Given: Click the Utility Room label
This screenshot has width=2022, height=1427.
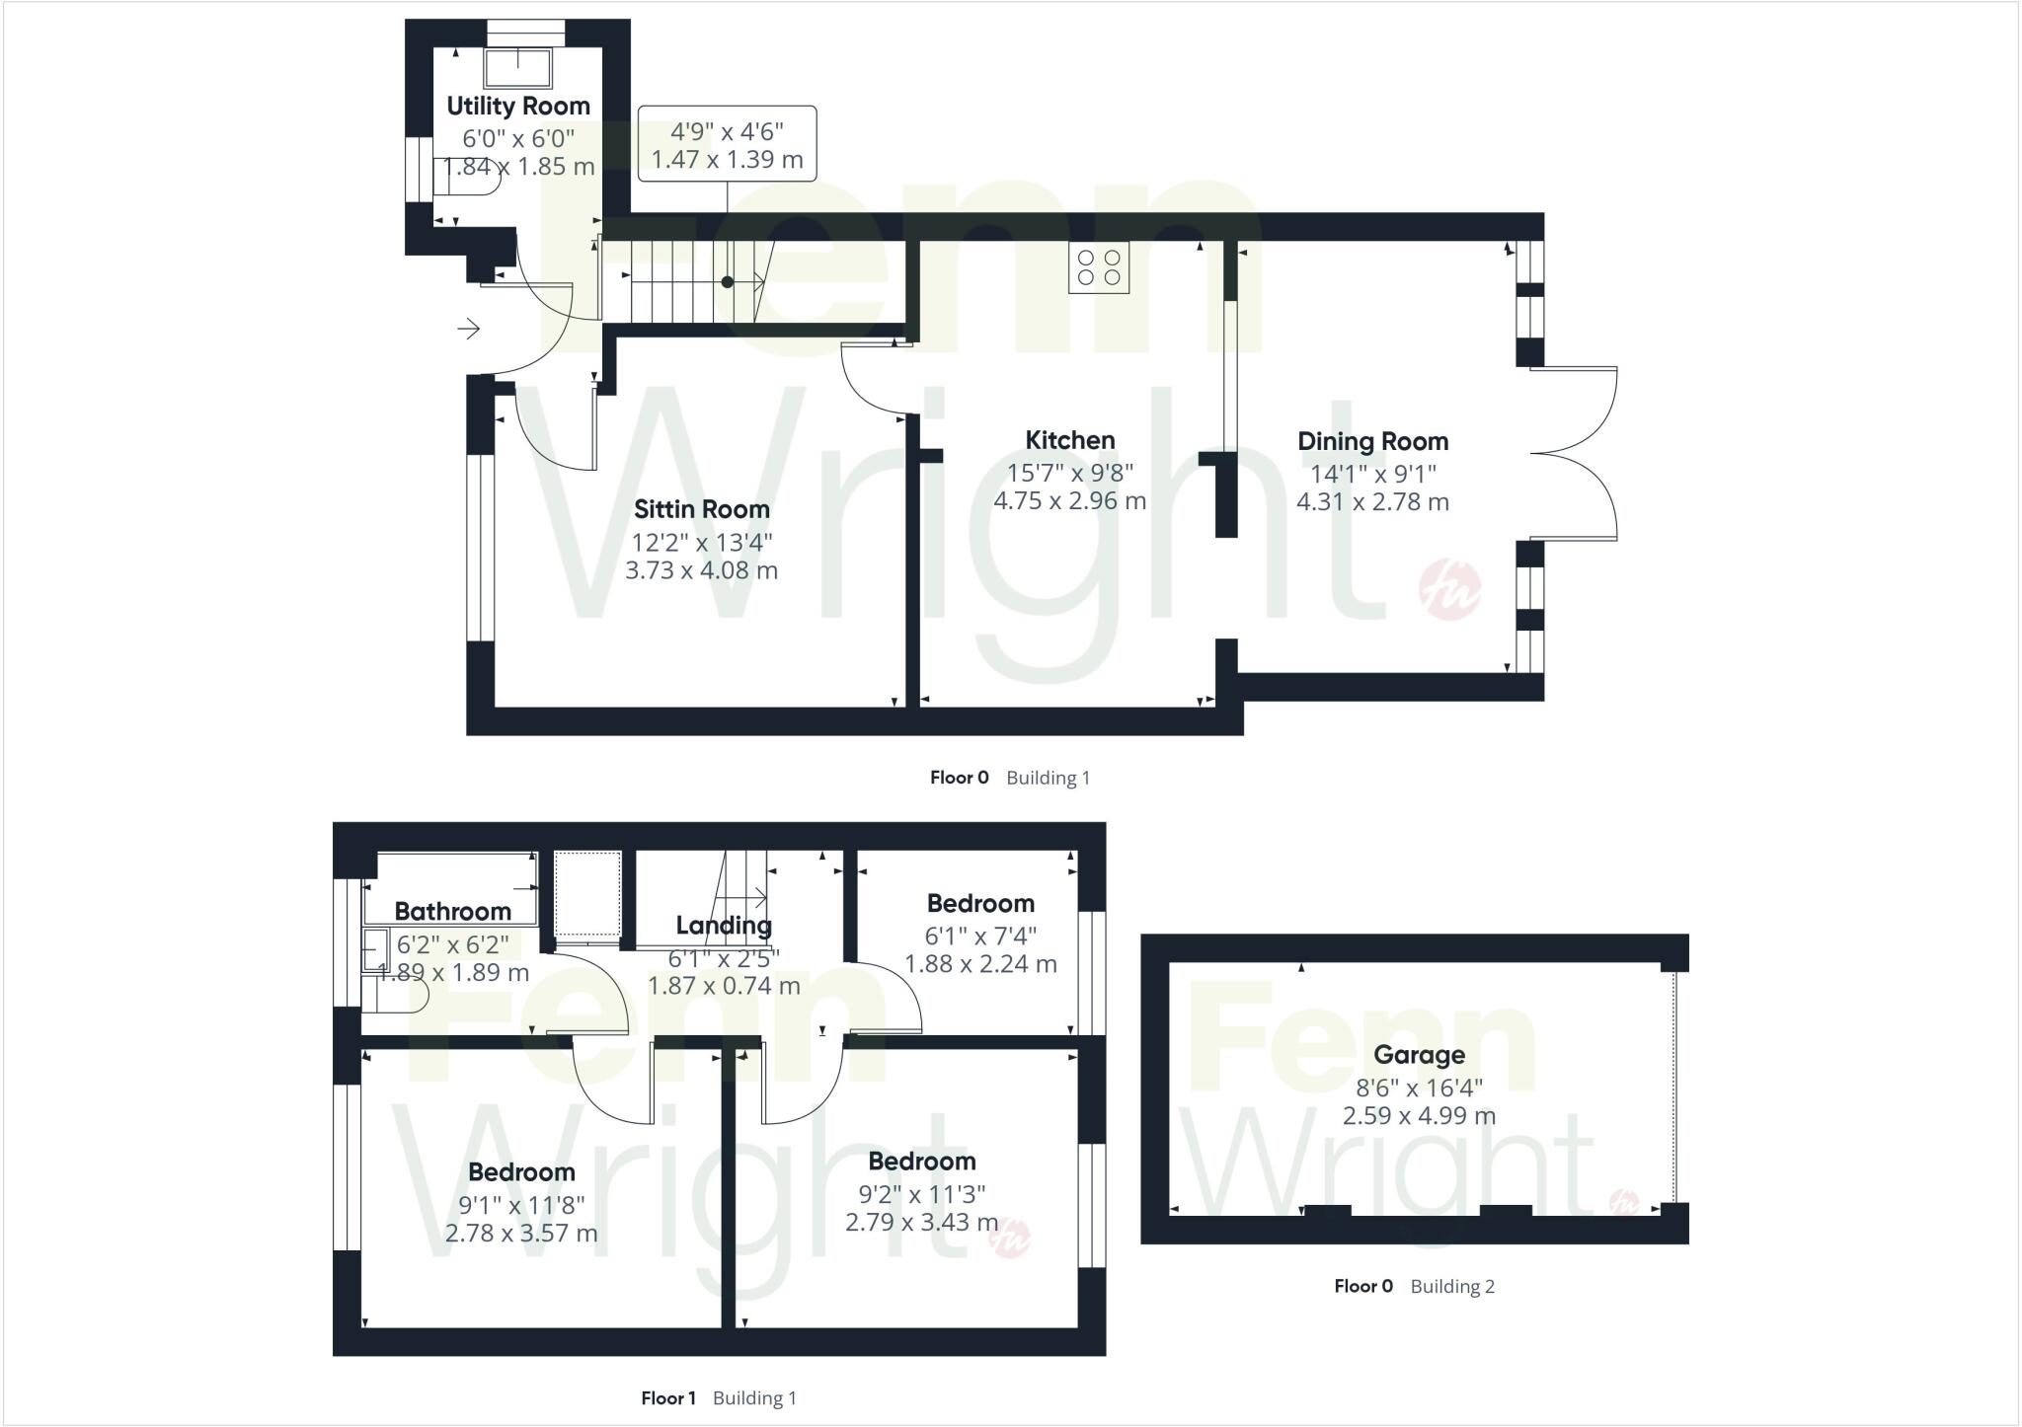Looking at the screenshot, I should click(518, 106).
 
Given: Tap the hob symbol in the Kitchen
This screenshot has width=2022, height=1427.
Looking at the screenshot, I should click(1099, 267).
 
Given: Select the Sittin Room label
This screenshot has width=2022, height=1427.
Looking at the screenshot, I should click(701, 509).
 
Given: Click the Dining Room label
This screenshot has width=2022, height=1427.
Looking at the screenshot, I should click(1372, 441).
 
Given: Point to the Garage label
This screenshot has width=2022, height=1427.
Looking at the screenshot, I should click(1419, 1055).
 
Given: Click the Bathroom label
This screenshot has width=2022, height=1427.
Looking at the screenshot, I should click(452, 911).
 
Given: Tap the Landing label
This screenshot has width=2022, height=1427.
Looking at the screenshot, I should click(724, 925).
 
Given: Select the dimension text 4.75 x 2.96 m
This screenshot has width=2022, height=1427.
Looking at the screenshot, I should click(1069, 500).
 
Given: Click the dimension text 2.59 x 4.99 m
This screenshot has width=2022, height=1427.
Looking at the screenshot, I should click(1419, 1116).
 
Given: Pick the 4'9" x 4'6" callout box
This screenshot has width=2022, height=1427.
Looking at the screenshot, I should click(728, 144).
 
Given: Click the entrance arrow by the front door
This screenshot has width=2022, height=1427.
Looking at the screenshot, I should click(468, 328).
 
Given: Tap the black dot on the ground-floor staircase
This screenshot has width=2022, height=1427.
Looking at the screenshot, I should click(728, 282).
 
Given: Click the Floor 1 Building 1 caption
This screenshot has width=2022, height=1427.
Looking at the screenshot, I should click(718, 1397).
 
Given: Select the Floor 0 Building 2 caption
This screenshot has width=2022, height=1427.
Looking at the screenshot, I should click(1414, 1286).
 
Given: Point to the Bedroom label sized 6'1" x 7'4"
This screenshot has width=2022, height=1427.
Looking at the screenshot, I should click(980, 903).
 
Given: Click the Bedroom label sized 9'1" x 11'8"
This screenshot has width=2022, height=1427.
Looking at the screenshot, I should click(521, 1171).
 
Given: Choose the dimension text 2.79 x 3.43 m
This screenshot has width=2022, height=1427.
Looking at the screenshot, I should click(921, 1222).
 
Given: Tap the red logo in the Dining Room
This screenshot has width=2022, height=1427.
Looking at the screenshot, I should click(1449, 590).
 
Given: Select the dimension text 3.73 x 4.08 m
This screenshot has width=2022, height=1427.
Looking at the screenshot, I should click(701, 570).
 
